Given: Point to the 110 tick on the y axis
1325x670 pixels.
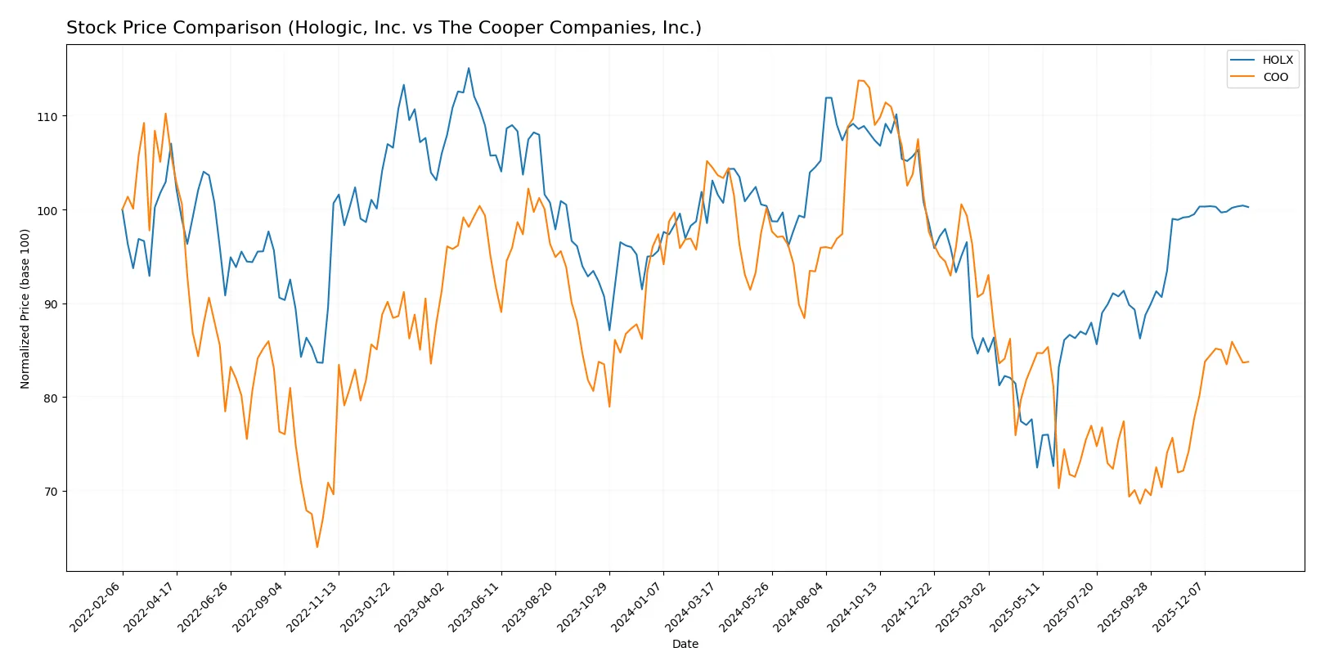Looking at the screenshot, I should (x=47, y=117).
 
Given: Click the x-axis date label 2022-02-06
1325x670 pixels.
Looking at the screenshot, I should (x=97, y=606).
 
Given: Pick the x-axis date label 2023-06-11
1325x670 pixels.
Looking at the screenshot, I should (x=475, y=606).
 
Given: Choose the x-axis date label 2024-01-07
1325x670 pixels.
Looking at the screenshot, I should (x=637, y=606).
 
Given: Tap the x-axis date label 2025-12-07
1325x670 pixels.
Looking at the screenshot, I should (x=1179, y=606).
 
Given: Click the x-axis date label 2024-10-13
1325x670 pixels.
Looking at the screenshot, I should (x=854, y=606).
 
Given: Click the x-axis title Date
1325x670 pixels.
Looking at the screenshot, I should (x=685, y=644).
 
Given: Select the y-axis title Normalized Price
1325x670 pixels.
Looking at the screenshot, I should (x=25, y=308).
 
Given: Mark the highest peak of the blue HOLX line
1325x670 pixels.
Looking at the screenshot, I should (x=469, y=69).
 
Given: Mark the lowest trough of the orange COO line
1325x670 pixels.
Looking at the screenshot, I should (x=317, y=546).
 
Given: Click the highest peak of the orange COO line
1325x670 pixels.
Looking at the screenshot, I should (x=859, y=80).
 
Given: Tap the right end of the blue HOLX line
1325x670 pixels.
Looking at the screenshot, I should (x=1248, y=207).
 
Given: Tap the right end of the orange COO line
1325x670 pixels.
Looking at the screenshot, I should (x=1248, y=362).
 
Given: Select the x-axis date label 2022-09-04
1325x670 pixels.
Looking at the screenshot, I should (x=258, y=606).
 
